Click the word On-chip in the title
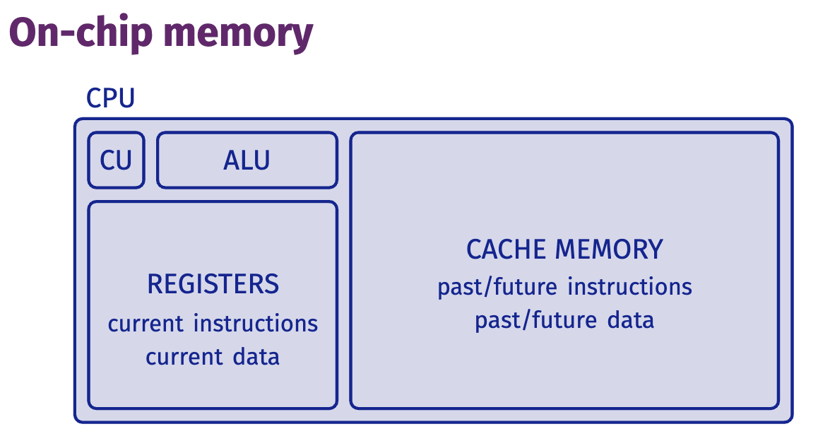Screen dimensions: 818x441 tap(81, 33)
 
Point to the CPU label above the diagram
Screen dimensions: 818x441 tap(111, 98)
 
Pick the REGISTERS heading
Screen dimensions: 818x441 tap(213, 284)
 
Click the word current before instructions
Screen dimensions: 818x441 tap(146, 324)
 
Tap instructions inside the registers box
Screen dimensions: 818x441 tap(256, 324)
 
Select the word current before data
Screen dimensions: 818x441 tap(184, 358)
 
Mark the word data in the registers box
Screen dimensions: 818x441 tap(256, 356)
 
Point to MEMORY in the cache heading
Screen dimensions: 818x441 tap(609, 249)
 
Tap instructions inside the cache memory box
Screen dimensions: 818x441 tap(629, 287)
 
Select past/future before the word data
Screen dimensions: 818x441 tap(535, 321)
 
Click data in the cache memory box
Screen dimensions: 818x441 tap(630, 320)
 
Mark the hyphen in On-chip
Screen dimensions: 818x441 tap(69, 36)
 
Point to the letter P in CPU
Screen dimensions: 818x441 tap(111, 98)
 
